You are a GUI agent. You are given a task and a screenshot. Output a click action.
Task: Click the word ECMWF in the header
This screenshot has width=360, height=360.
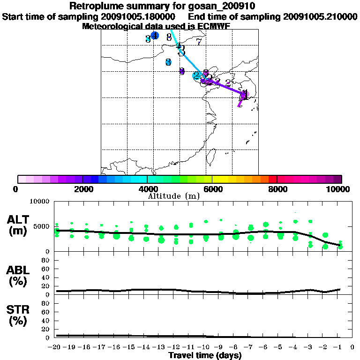click(211, 26)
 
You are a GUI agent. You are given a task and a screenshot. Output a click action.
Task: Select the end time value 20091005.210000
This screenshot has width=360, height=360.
click(320, 16)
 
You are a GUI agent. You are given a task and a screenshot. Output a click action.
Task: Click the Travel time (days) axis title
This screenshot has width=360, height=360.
click(205, 355)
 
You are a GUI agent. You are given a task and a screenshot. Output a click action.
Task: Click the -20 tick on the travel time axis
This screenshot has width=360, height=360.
click(55, 347)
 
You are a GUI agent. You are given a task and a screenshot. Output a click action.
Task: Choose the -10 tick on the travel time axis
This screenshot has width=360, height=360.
click(204, 347)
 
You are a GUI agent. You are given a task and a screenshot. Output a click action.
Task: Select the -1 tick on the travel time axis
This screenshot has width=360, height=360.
click(339, 347)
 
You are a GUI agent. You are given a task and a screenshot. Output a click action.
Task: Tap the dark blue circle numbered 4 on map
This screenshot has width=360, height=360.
click(155, 36)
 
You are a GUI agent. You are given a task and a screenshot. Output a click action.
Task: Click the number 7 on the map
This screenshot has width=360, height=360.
click(199, 42)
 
